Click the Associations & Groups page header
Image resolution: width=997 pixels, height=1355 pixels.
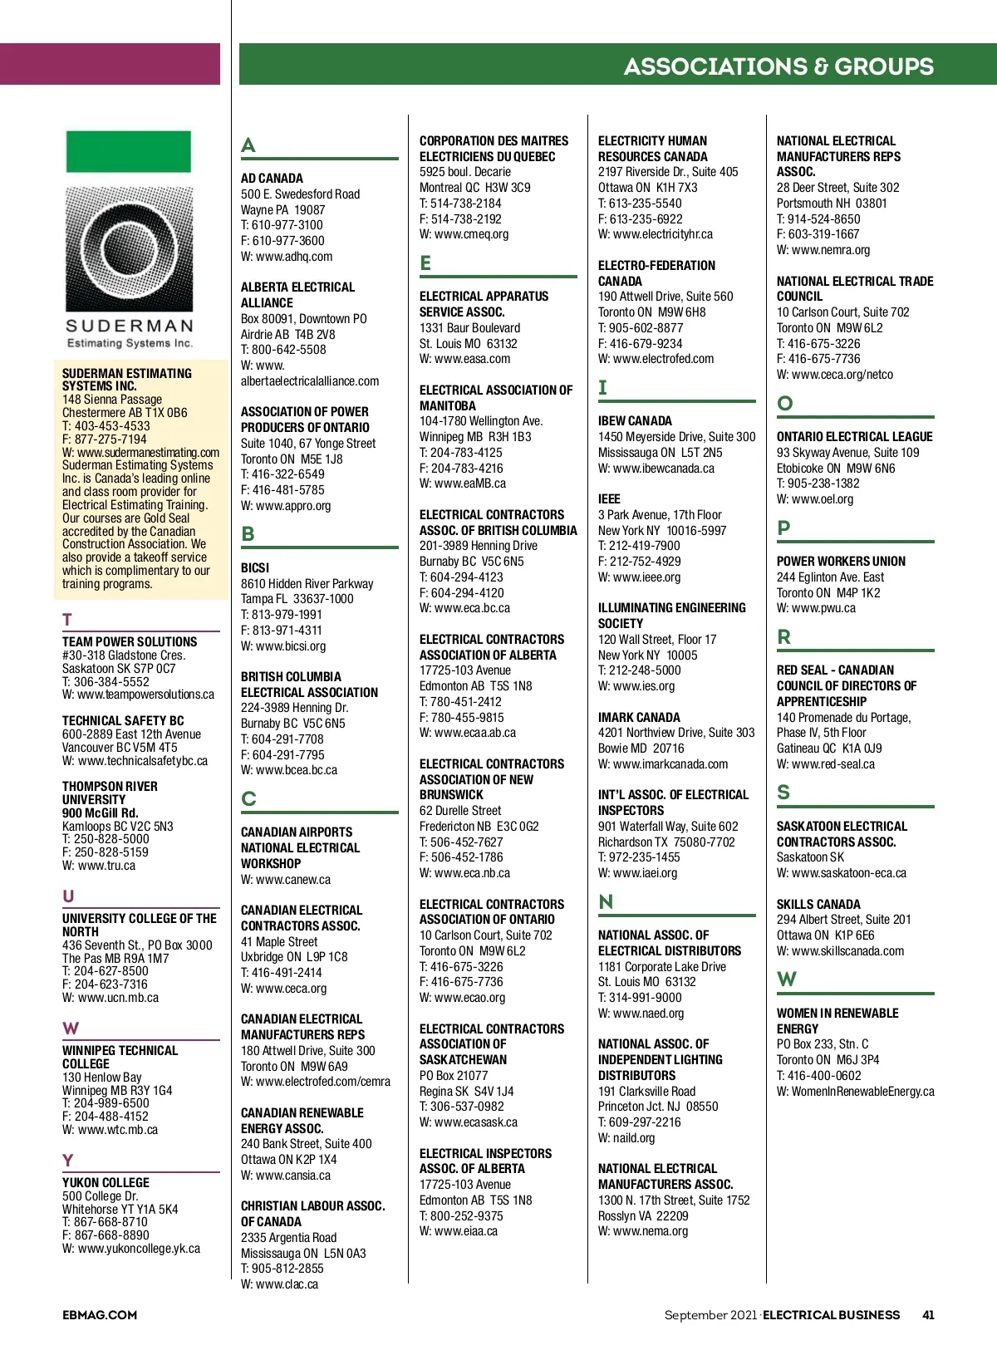[x=778, y=66]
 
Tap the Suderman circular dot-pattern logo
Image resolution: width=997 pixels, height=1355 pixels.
[x=129, y=248]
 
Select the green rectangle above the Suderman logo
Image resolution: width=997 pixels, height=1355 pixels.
[x=129, y=151]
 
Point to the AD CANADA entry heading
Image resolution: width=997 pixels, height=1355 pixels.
[x=272, y=179]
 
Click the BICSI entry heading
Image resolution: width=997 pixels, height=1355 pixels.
[x=255, y=568]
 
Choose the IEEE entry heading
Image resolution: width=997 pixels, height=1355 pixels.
[x=609, y=499]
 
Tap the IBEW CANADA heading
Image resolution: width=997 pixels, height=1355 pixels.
[x=635, y=421]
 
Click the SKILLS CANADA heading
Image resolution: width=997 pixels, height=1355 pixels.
[x=818, y=905]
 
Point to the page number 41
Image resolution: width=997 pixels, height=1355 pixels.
[x=928, y=1315]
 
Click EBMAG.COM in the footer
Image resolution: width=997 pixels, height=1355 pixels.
[x=100, y=1315]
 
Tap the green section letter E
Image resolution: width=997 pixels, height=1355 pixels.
[x=425, y=263]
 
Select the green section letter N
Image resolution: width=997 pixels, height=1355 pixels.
[x=606, y=902]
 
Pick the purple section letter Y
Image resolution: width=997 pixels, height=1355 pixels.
[x=68, y=1161]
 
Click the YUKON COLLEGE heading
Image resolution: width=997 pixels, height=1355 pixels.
[x=106, y=1183]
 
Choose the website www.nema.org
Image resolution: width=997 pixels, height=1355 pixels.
[x=650, y=1231]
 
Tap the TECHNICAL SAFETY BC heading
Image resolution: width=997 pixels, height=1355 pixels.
[x=123, y=721]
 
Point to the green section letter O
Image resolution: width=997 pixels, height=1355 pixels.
[x=784, y=404]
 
